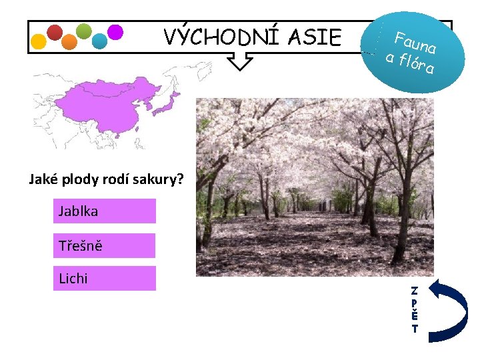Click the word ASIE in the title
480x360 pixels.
(315, 37)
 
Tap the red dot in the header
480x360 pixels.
(55, 32)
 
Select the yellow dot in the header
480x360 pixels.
(39, 41)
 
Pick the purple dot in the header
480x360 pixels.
(115, 32)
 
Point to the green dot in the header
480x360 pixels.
(84, 31)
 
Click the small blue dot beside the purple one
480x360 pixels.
(99, 41)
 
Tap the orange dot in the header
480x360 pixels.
(69, 42)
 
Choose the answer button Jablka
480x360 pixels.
(105, 211)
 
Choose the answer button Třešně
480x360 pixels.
(105, 245)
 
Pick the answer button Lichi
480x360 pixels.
(105, 279)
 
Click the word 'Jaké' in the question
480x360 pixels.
(43, 179)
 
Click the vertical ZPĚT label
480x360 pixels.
(415, 309)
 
